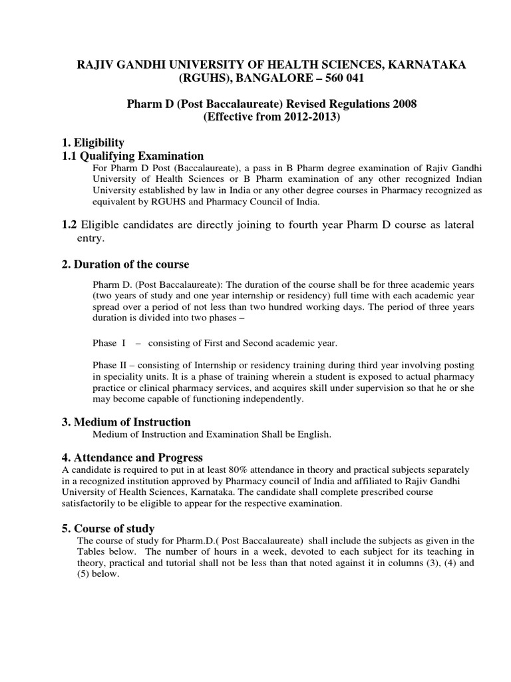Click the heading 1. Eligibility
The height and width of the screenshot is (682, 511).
point(92,143)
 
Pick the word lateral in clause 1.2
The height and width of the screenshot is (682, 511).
point(442,225)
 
